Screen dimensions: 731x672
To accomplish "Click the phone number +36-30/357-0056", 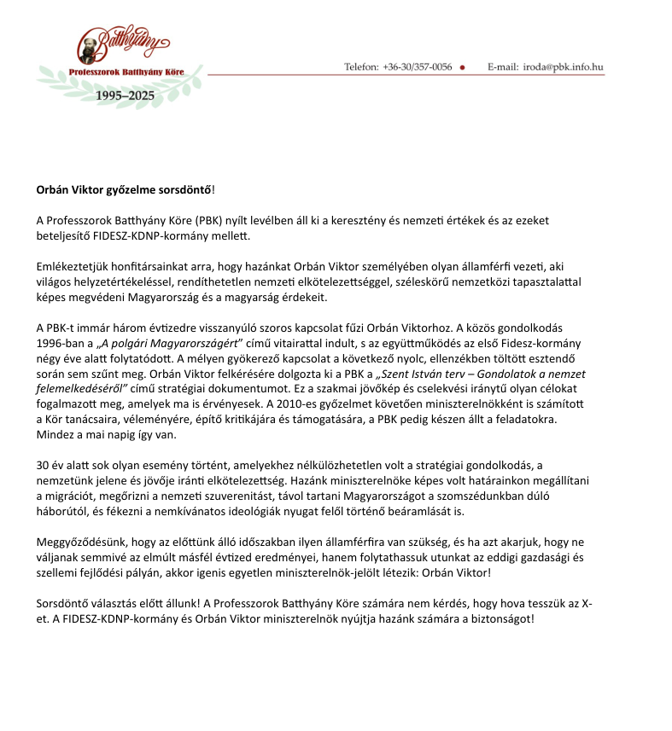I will click(418, 67).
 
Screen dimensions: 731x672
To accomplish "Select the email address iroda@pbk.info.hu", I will click(564, 67).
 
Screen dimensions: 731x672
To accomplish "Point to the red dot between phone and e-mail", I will click(462, 67).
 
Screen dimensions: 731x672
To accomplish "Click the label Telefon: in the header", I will click(362, 67).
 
